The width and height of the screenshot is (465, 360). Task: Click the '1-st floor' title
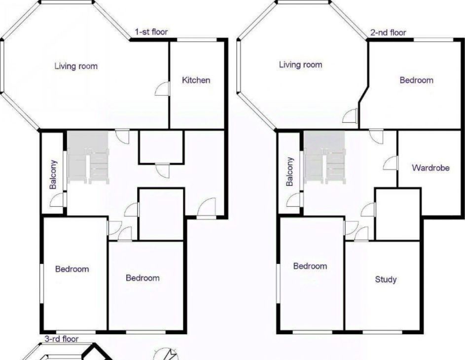coord(151,32)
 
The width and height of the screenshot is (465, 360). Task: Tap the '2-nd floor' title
coord(388,33)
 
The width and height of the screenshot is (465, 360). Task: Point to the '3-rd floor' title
coord(61,339)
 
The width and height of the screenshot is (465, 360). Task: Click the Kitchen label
coord(196,80)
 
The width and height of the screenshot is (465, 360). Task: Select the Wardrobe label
coord(430,168)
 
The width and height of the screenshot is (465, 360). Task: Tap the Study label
coord(386,279)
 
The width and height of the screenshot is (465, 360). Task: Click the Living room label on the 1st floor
coord(76,66)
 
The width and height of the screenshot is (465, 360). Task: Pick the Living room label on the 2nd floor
coord(300,65)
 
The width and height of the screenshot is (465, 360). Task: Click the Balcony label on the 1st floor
coord(53,175)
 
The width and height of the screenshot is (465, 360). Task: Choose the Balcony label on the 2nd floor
coord(290,172)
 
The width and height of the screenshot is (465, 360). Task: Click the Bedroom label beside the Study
coord(310,266)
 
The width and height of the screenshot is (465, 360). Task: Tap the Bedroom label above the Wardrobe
coord(416,80)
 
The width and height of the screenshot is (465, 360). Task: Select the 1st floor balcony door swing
coord(58,200)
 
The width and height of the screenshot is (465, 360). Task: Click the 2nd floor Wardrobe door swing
coord(390,163)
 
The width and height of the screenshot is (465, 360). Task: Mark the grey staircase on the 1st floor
coord(88,157)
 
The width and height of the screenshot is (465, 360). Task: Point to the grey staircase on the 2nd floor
coord(325,157)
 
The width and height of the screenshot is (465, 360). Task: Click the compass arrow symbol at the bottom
coord(167,354)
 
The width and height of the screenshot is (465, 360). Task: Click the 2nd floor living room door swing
coord(350,116)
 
